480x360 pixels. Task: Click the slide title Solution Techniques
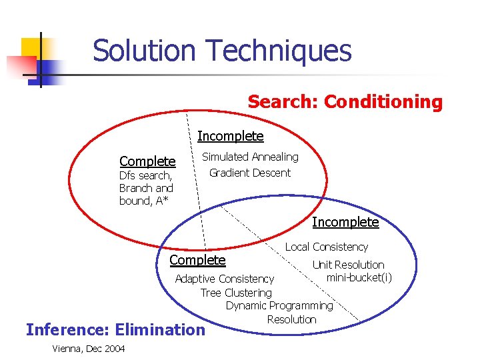(x=221, y=51)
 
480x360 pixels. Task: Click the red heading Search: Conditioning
(x=345, y=102)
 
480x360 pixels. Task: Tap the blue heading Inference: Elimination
(x=115, y=329)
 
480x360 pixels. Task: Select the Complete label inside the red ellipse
(x=147, y=161)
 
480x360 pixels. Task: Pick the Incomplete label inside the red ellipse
(x=231, y=137)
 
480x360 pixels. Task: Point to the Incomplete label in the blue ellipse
(x=345, y=222)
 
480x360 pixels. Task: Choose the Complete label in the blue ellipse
(x=198, y=260)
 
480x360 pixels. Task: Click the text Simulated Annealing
(x=250, y=157)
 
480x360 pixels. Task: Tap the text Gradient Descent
(x=250, y=173)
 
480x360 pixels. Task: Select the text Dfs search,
(x=145, y=176)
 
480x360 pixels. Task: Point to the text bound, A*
(x=144, y=201)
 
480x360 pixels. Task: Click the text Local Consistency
(x=327, y=247)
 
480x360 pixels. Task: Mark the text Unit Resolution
(x=348, y=265)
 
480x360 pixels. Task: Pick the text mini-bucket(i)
(x=359, y=277)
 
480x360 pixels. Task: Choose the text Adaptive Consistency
(x=224, y=279)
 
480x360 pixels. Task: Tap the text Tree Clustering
(x=236, y=293)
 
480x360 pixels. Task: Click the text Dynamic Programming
(x=279, y=305)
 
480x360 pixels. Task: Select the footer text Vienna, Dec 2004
(x=88, y=349)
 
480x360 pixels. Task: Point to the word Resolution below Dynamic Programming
(x=291, y=319)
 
